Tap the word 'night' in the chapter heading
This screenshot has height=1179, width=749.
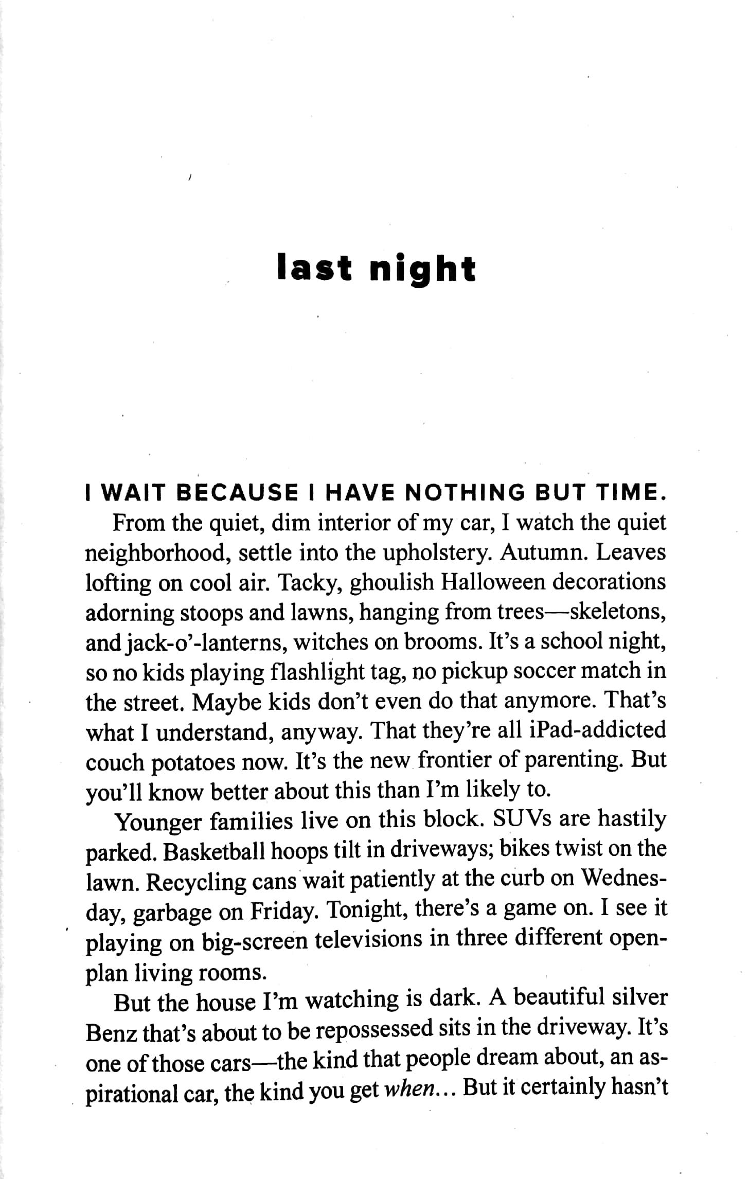pyautogui.click(x=422, y=269)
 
